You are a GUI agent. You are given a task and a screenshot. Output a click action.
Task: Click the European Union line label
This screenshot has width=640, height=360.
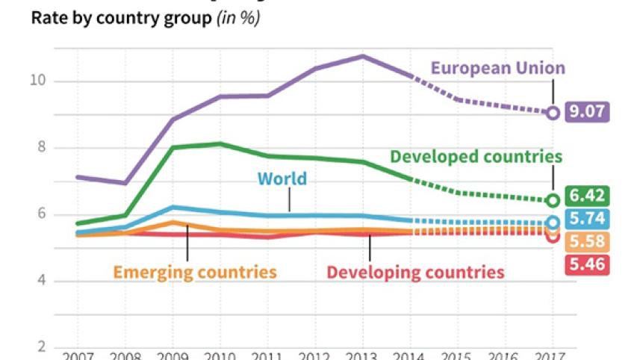pyautogui.click(x=497, y=69)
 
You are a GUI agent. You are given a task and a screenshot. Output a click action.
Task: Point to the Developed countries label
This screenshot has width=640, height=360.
pyautogui.click(x=476, y=157)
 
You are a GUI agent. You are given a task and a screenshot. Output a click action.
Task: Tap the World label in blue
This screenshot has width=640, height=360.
pyautogui.click(x=282, y=179)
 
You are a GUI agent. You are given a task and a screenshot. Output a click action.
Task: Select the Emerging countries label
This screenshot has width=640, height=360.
pyautogui.click(x=195, y=272)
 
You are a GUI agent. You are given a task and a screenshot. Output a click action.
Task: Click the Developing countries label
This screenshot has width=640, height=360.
pyautogui.click(x=415, y=272)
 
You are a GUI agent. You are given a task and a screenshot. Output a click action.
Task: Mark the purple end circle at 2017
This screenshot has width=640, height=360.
pyautogui.click(x=553, y=113)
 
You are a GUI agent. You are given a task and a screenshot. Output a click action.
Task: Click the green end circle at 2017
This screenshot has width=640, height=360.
pyautogui.click(x=553, y=200)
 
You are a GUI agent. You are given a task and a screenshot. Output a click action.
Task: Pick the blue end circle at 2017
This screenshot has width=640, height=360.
pyautogui.click(x=553, y=223)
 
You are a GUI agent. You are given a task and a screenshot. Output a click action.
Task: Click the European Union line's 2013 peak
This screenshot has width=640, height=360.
pyautogui.click(x=362, y=56)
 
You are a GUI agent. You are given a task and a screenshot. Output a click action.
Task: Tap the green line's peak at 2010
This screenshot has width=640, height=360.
pyautogui.click(x=220, y=143)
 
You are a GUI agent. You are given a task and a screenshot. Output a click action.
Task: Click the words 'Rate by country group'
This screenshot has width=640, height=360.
pyautogui.click(x=121, y=19)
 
